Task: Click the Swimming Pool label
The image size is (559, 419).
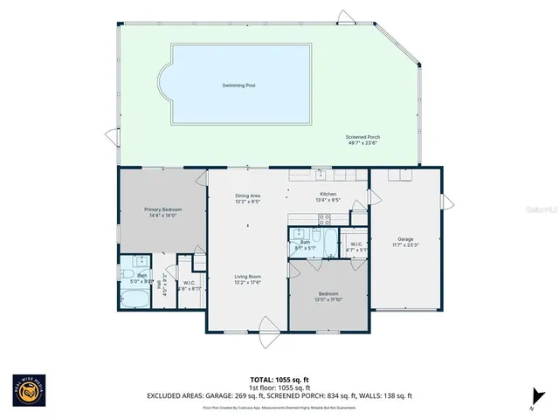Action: point(241,86)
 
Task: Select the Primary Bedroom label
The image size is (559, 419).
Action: point(162,209)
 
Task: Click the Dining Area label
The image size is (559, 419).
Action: point(247,196)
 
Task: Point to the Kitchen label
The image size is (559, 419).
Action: point(328,194)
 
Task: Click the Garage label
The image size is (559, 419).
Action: point(405,238)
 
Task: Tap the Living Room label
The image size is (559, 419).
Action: point(247,277)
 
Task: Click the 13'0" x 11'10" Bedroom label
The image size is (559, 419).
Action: point(329,293)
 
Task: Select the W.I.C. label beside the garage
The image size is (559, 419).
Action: point(356,244)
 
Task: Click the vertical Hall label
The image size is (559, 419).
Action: point(166,285)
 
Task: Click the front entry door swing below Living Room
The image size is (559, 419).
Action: point(269,329)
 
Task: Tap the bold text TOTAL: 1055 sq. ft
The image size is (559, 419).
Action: point(279,380)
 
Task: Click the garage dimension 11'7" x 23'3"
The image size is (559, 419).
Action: point(405,245)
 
